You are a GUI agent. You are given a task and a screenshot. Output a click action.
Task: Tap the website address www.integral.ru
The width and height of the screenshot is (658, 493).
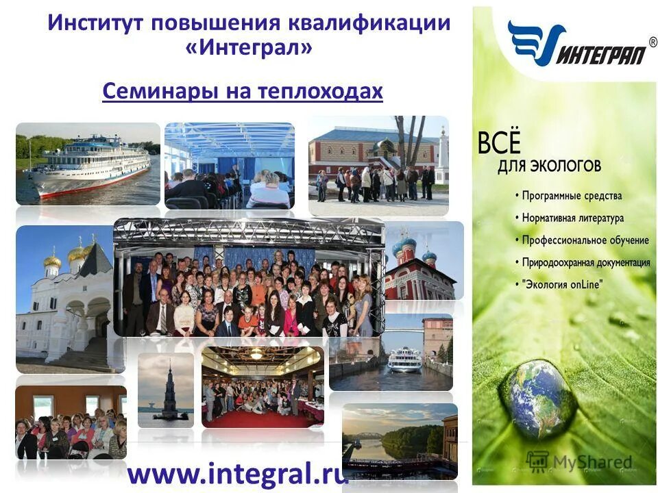[238, 473]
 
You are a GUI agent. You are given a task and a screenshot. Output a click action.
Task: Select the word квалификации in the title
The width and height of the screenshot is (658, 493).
[367, 22]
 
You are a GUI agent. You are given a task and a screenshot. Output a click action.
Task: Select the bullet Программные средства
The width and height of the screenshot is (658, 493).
[571, 196]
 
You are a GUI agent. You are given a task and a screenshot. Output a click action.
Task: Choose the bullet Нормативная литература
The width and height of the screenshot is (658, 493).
[572, 218]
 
